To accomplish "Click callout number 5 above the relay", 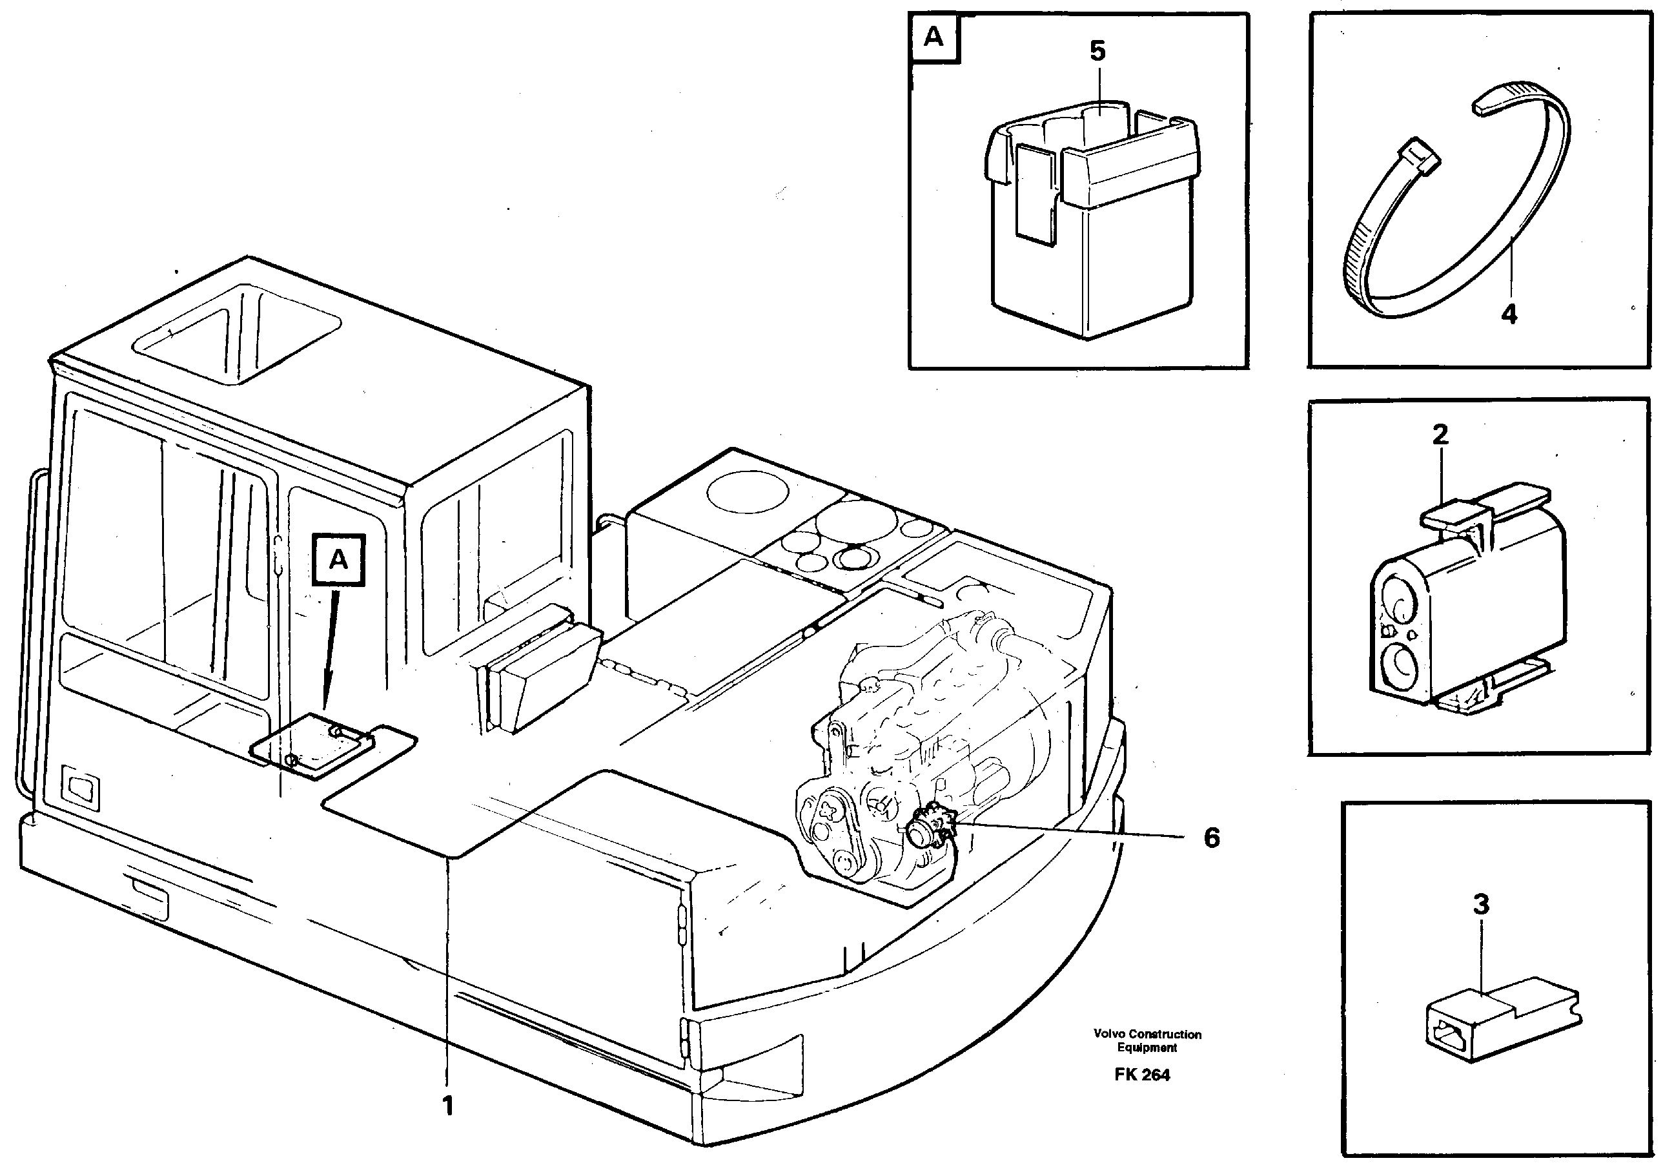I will click(1097, 52).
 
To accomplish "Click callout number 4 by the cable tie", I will click(1509, 314).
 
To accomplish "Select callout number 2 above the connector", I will click(1440, 434).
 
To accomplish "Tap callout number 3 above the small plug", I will click(1481, 904).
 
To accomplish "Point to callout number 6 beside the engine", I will click(1211, 838).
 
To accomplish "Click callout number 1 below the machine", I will click(447, 1106).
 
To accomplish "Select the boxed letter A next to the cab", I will click(338, 559).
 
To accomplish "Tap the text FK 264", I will click(1142, 1075).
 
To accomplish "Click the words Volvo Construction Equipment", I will click(1147, 1040).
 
